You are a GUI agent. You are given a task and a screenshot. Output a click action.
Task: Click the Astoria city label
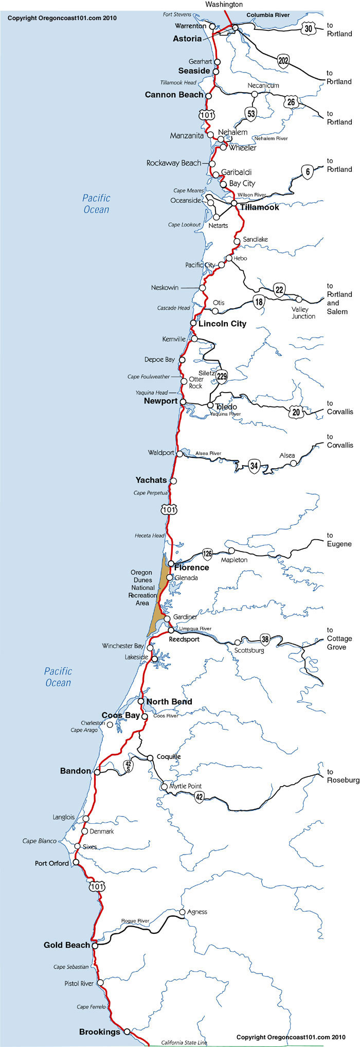coord(187,39)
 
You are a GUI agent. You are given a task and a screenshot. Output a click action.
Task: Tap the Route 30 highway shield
coord(308,29)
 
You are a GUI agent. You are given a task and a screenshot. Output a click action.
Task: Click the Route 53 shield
coord(251,114)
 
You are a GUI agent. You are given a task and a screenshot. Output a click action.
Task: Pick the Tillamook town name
coord(260,207)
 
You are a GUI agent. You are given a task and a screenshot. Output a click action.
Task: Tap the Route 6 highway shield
coord(307,172)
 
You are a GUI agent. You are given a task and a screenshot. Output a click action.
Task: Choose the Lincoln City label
coord(222,324)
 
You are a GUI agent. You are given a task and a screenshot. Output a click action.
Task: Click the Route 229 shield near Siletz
coord(222,377)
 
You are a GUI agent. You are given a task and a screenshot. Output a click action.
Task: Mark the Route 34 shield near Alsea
coord(254,466)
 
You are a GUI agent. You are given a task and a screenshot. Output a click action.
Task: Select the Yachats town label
coord(151,480)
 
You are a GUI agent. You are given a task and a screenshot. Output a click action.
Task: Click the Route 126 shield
coord(207,554)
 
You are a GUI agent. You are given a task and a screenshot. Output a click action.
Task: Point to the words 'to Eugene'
coord(339,540)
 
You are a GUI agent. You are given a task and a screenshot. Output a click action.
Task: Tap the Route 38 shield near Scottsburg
coord(265,639)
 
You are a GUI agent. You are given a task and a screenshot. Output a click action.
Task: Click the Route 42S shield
coord(129,766)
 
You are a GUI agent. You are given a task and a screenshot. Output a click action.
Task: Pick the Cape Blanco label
coord(40,841)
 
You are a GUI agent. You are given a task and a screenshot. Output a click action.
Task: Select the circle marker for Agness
coord(183,912)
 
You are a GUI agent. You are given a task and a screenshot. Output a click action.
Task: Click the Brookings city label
coord(99,1032)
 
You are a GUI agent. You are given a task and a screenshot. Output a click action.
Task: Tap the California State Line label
coord(184,1043)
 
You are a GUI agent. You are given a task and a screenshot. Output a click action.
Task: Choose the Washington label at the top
coord(224,4)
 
